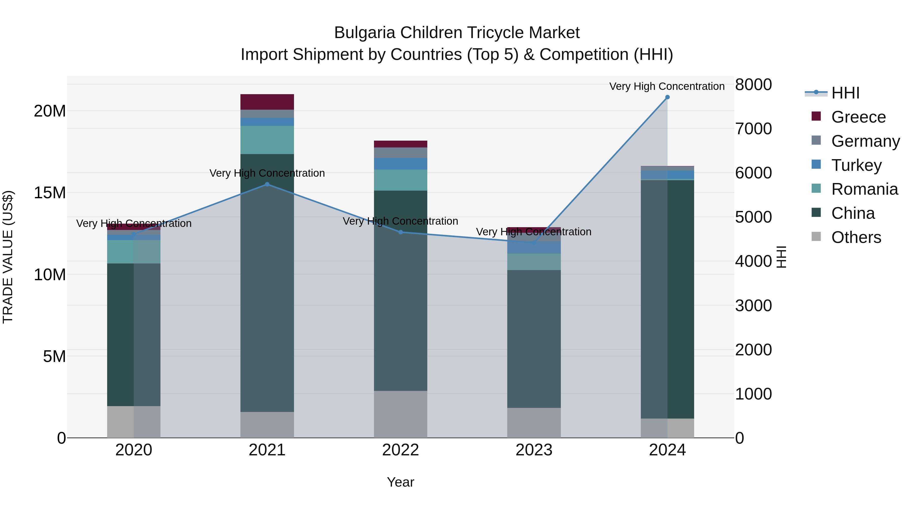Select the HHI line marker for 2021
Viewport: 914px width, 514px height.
(267, 184)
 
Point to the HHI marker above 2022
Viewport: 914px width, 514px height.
(401, 232)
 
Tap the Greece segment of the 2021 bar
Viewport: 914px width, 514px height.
(267, 102)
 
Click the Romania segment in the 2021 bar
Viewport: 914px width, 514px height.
(267, 140)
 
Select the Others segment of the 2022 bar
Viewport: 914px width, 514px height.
(401, 414)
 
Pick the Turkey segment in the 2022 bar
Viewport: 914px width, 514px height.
(401, 164)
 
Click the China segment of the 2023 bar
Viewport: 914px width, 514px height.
(534, 339)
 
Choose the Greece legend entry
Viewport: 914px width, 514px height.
(858, 117)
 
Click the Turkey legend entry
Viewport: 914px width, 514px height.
(856, 165)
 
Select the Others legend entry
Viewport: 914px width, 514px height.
(856, 237)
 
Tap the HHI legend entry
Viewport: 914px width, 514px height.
(845, 93)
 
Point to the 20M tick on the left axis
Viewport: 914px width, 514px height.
(50, 111)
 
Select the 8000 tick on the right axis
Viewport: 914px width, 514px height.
(753, 85)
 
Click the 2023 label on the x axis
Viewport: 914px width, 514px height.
(534, 450)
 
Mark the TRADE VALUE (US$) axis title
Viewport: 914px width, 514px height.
(8, 257)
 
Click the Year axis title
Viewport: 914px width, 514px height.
(401, 482)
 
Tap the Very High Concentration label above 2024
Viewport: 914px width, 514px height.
(667, 86)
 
